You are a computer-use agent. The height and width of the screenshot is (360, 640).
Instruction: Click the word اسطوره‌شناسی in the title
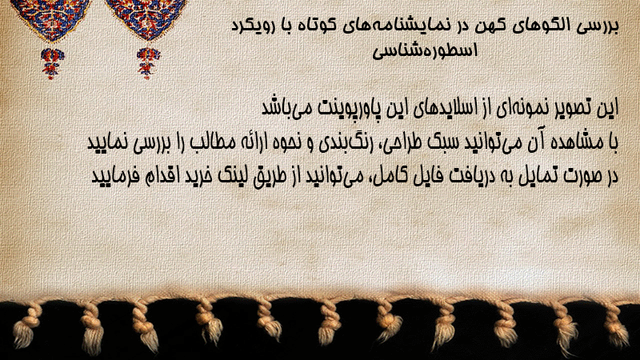(425, 51)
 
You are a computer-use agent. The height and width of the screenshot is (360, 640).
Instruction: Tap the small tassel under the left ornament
(52, 63)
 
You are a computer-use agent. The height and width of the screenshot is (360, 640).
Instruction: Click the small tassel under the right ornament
(148, 63)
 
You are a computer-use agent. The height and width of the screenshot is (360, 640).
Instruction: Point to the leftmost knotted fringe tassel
(26, 326)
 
